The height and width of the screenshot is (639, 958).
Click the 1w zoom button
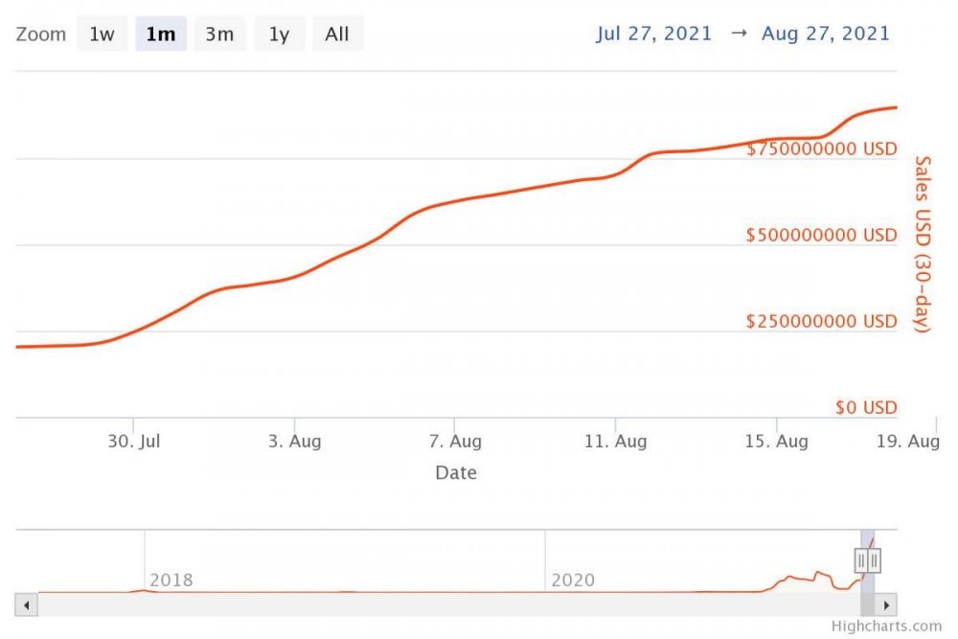(102, 34)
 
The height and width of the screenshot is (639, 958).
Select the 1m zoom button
(161, 34)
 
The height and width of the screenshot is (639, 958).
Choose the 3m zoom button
(219, 34)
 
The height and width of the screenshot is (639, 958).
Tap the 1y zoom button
(279, 34)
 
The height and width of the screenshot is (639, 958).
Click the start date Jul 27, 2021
(654, 34)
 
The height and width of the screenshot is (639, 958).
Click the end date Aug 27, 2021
(826, 34)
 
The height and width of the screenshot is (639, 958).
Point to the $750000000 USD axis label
(822, 149)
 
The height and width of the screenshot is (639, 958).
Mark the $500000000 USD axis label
(822, 236)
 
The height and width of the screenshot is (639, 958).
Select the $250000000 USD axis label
(822, 322)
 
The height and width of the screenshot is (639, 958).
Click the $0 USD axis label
(866, 408)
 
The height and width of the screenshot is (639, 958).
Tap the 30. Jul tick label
(134, 442)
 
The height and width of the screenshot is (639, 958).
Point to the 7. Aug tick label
(455, 442)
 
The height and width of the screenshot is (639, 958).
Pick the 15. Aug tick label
(776, 442)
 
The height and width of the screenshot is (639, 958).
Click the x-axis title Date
(456, 472)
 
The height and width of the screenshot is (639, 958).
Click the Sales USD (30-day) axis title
(923, 244)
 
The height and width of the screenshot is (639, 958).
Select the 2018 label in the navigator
(171, 581)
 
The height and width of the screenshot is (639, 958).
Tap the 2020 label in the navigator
(573, 581)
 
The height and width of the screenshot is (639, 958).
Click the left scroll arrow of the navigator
(27, 605)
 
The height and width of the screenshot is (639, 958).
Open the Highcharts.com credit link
(886, 627)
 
